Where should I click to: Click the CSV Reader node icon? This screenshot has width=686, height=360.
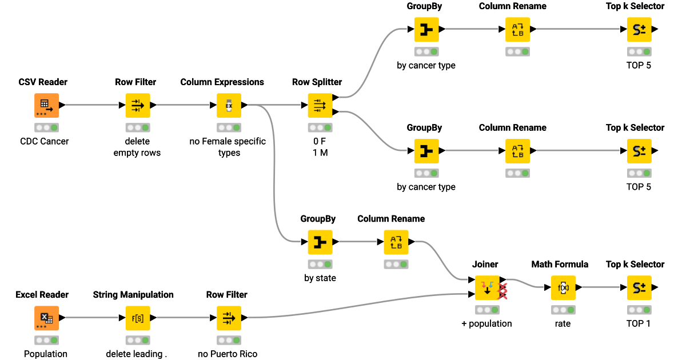point(46,105)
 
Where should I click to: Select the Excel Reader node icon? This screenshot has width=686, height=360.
point(46,318)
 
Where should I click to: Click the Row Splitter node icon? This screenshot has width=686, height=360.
point(320,105)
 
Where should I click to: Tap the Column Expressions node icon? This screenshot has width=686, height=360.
point(229,105)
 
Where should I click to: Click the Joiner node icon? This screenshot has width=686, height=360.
point(487,287)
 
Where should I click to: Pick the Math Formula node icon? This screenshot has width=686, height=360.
point(563,287)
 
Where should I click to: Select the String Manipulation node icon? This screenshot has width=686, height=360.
point(138,318)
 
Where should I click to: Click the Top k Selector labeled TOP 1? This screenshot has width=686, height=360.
point(639,287)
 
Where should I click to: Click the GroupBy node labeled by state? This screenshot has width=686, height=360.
point(320,242)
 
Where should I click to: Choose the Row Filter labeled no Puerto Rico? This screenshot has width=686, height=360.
point(229,318)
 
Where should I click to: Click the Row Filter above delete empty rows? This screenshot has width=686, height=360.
point(138,105)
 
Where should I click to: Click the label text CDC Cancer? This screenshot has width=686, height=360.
point(44,141)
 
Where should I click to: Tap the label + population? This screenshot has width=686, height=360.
point(486,323)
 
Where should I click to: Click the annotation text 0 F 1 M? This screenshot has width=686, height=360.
point(320,147)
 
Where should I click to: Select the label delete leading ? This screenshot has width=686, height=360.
point(137,354)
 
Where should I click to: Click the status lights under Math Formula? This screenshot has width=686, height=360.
point(563,310)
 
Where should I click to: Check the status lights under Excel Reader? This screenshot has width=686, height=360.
point(46,340)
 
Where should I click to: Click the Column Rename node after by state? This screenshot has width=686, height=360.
point(396,242)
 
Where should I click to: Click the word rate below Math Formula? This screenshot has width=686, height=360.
point(563,323)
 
